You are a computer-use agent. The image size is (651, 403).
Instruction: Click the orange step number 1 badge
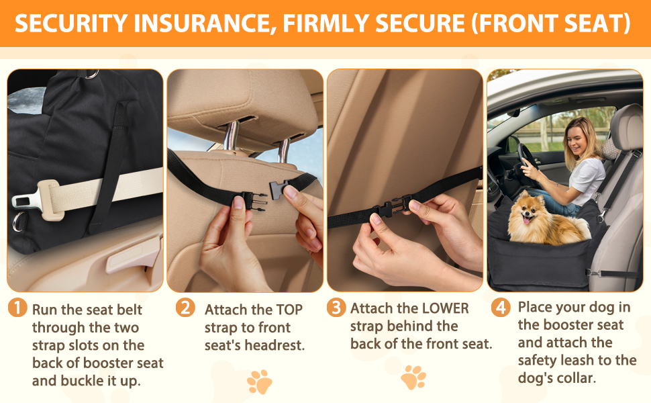pyautogui.click(x=17, y=308)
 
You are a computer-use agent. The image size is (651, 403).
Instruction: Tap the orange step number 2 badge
pyautogui.click(x=185, y=308)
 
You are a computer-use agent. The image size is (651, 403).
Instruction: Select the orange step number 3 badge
pyautogui.click(x=336, y=308)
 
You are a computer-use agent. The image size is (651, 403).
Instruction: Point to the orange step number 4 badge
pyautogui.click(x=501, y=308)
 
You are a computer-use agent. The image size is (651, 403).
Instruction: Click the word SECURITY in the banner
pyautogui.click(x=71, y=24)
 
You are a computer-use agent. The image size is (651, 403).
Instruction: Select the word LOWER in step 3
pyautogui.click(x=445, y=308)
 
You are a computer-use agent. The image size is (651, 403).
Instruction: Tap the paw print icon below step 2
pyautogui.click(x=260, y=382)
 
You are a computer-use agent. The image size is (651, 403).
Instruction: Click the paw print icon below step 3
pyautogui.click(x=413, y=377)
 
